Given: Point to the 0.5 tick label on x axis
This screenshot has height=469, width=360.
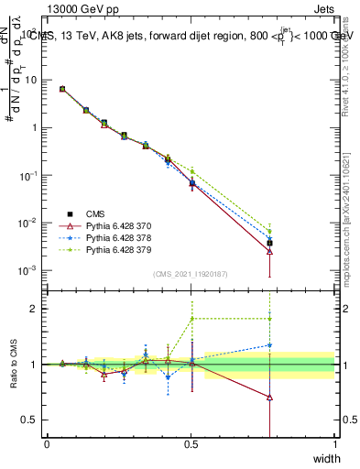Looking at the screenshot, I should (x=191, y=444).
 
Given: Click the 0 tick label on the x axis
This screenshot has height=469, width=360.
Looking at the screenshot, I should (x=48, y=444).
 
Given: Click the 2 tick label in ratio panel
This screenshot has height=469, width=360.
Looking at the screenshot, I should (x=37, y=309).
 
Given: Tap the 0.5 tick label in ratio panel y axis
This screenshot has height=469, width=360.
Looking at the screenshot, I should (x=33, y=420).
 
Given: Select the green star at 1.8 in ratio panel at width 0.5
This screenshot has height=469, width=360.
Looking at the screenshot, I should (x=192, y=319).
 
